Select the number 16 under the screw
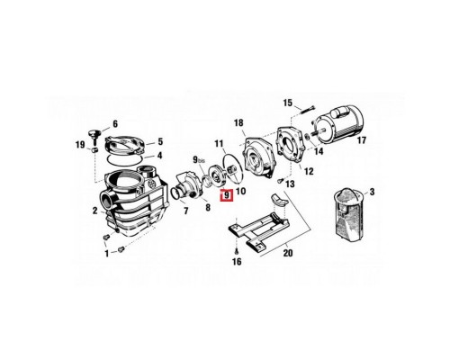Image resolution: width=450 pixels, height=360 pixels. pyautogui.click(x=237, y=263)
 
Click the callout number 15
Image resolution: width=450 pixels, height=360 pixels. pyautogui.click(x=287, y=102)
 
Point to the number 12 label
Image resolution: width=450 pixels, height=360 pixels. pyautogui.click(x=309, y=171)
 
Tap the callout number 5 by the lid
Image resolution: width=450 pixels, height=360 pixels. pyautogui.click(x=159, y=141)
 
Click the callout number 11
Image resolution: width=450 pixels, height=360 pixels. pyautogui.click(x=219, y=143)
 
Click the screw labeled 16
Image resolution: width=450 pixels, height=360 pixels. pyautogui.click(x=236, y=243)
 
